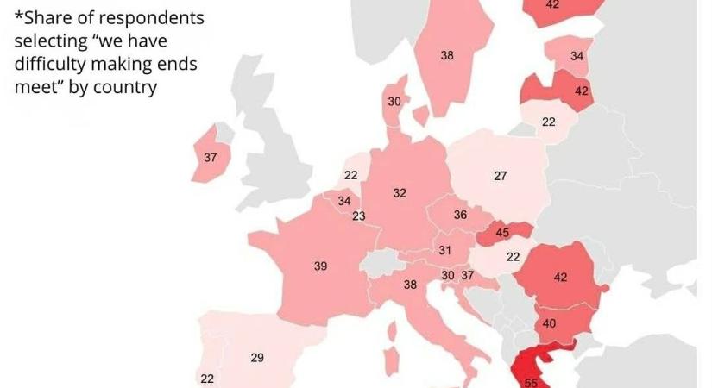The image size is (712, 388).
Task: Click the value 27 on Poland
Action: pos(501,176)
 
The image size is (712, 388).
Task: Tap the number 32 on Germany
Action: pos(400,194)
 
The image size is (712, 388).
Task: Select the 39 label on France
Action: pos(320,267)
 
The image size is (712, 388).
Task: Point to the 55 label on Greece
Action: pos(531,382)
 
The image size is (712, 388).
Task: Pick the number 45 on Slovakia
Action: pos(501,232)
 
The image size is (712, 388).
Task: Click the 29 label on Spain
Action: pos(257,358)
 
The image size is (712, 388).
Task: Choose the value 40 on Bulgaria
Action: pos(550,324)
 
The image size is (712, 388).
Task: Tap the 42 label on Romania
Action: pos(561,278)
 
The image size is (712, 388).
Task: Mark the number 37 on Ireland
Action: pos(211,158)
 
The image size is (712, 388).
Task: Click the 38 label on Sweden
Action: pos(447,56)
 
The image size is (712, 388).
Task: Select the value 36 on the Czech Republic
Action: pos(460,215)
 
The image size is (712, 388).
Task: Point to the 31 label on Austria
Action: pos(445,251)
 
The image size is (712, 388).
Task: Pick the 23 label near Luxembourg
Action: pos(359,216)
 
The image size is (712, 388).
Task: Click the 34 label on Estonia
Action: pos(577,57)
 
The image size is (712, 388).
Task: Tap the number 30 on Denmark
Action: pos(394,102)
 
